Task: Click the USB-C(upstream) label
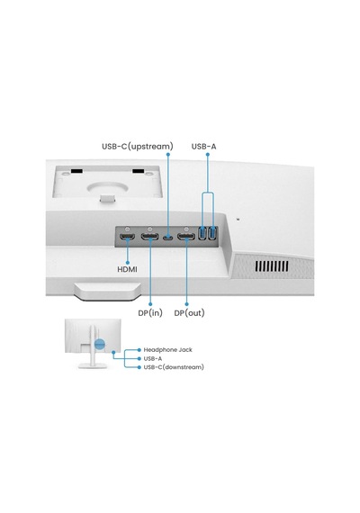coord(138,146)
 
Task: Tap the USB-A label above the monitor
coord(203,146)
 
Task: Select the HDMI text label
coord(127,269)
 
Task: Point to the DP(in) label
coord(150,313)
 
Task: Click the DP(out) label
coord(189,313)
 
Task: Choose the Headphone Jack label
coord(168,350)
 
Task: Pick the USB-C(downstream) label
coord(174,367)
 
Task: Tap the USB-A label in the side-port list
coord(153,358)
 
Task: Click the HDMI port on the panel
coord(127,237)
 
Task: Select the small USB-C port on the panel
coord(168,237)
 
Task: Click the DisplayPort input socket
coord(150,237)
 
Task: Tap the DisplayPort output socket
coord(186,237)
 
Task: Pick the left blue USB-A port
coord(202,233)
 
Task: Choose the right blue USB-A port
coord(212,233)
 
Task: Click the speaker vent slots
coord(272,266)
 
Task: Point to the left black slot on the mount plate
coord(76,171)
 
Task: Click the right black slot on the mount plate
coord(138,171)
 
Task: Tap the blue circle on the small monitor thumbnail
coord(100,344)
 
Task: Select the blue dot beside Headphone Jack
coord(139,350)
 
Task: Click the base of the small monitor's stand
coord(93,365)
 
